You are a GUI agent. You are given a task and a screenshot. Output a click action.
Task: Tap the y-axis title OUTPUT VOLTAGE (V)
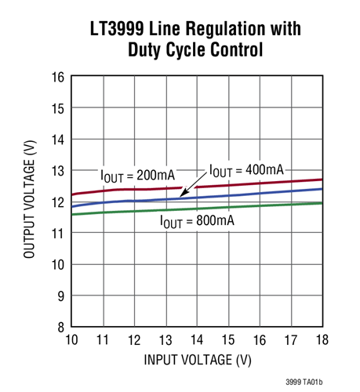(29, 201)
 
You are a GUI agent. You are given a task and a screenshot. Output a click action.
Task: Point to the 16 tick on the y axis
(57, 77)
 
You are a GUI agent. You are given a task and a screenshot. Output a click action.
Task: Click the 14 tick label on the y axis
(57, 140)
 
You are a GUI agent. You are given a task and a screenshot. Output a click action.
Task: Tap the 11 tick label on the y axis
(57, 234)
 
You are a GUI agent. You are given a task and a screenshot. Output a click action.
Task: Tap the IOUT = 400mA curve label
(246, 170)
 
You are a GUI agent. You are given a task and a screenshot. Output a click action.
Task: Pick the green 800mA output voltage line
(267, 205)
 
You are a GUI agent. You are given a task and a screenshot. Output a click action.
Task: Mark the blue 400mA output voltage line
(267, 193)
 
